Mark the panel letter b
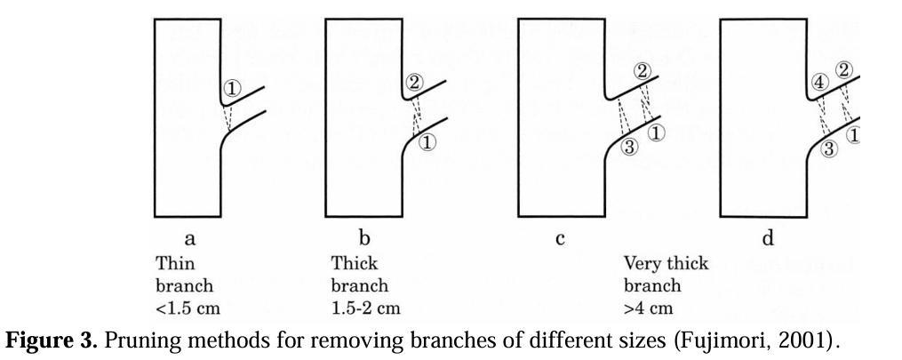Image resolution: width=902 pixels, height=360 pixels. pos(363,236)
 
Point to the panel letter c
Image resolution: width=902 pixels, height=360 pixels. pos(547,237)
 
